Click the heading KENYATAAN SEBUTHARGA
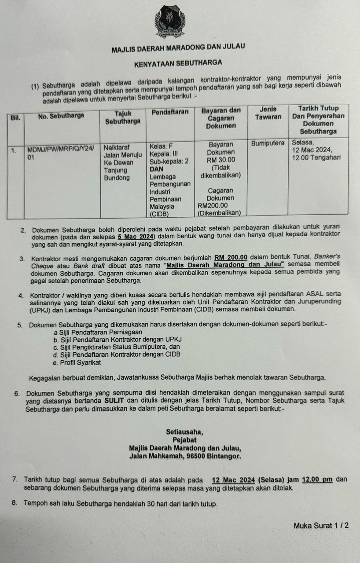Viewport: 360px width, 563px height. click(x=178, y=63)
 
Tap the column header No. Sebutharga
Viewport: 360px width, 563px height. click(x=62, y=116)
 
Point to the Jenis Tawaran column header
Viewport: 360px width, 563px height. click(x=268, y=113)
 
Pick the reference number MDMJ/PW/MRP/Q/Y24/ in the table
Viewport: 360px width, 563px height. click(x=61, y=149)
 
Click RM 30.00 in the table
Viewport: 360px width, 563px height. click(x=221, y=160)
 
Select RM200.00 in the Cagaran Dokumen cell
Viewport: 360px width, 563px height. click(x=213, y=205)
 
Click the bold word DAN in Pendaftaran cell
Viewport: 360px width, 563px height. click(x=157, y=168)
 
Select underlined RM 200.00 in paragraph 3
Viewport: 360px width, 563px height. click(x=231, y=257)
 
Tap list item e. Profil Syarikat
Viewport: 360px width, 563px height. click(x=77, y=362)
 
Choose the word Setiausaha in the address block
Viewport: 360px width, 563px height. click(x=184, y=431)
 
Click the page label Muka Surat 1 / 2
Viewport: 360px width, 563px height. click(x=321, y=525)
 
